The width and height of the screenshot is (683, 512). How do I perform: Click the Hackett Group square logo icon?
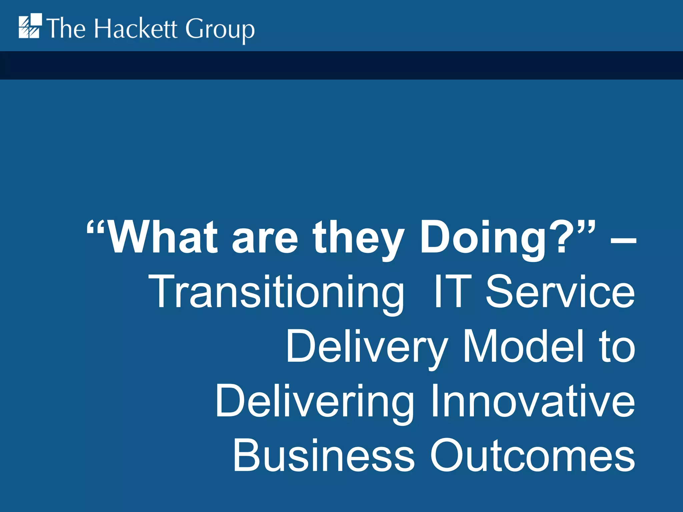coord(30,26)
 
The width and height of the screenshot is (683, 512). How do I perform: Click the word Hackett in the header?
coord(135,29)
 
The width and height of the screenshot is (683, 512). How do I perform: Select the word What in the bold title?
coord(163,237)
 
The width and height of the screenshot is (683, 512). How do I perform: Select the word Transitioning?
coord(276,292)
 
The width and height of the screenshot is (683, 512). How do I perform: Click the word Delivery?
coord(367,347)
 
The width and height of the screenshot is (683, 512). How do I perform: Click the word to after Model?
coord(617,347)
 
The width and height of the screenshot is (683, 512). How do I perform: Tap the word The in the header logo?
coord(66,29)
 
